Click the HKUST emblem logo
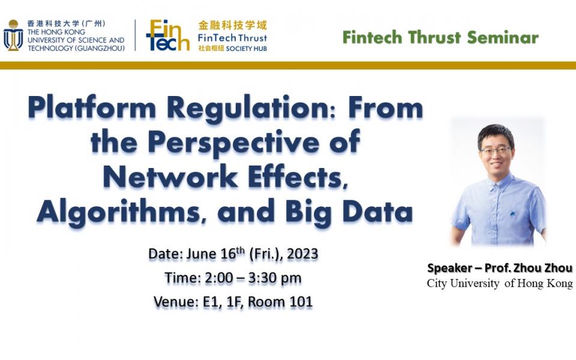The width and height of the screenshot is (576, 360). (x=13, y=35)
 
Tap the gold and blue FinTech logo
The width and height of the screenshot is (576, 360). (x=168, y=35)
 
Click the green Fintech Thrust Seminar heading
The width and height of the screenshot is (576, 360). (x=440, y=37)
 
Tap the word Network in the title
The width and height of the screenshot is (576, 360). (x=170, y=177)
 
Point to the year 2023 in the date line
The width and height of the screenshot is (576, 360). (x=302, y=254)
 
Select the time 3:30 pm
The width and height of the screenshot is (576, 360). (x=274, y=278)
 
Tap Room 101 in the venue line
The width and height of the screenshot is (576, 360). (x=280, y=302)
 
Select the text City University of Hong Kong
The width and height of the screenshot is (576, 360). (x=500, y=283)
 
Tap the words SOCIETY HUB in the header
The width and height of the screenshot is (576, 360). (x=247, y=49)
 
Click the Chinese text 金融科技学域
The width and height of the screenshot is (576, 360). (x=233, y=25)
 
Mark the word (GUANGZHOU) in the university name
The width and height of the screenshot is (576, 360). (x=100, y=48)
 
